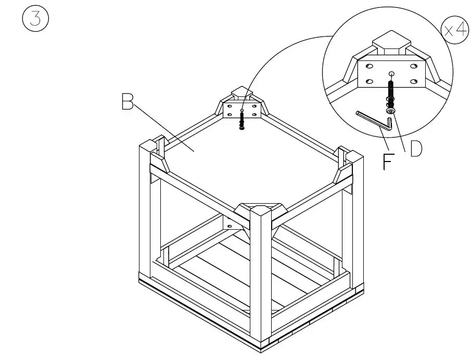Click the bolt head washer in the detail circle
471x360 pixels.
point(391,111)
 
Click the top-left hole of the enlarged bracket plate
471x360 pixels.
point(368,67)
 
